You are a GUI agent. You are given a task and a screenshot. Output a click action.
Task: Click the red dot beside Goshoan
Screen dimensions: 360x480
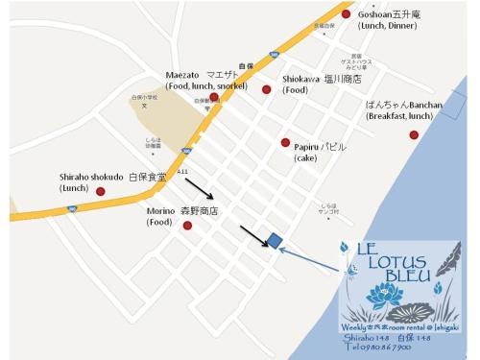(346, 14)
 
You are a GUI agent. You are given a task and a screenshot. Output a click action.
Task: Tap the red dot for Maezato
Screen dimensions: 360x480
(214, 97)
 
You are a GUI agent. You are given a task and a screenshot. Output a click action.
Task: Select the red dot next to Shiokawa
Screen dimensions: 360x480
(267, 90)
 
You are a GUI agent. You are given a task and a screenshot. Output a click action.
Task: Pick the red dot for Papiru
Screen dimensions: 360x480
(285, 142)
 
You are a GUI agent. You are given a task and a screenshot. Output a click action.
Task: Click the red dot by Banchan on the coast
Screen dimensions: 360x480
(414, 135)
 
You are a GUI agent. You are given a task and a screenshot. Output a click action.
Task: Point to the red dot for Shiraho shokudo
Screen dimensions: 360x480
(100, 191)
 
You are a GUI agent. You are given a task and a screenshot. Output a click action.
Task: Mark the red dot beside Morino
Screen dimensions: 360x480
(187, 226)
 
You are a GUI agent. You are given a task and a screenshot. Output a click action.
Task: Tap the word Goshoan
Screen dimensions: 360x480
(377, 13)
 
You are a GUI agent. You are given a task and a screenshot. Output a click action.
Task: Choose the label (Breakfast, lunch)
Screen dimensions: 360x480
(399, 116)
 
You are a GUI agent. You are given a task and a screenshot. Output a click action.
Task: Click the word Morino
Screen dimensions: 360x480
(160, 211)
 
